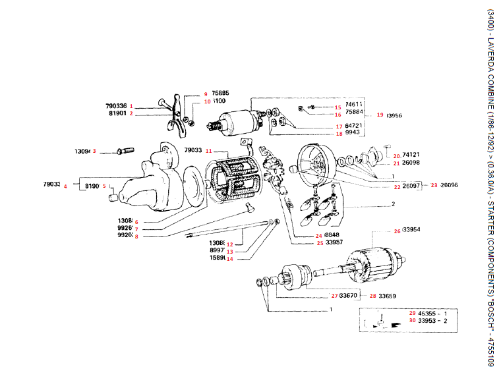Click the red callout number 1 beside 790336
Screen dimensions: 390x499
click(x=131, y=105)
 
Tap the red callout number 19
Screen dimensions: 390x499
click(x=380, y=115)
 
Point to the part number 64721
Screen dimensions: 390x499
click(x=354, y=125)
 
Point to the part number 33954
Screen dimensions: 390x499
click(x=411, y=230)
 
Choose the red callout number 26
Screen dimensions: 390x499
click(x=397, y=231)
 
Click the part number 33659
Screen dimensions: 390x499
click(x=387, y=296)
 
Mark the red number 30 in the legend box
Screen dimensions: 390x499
click(x=412, y=321)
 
